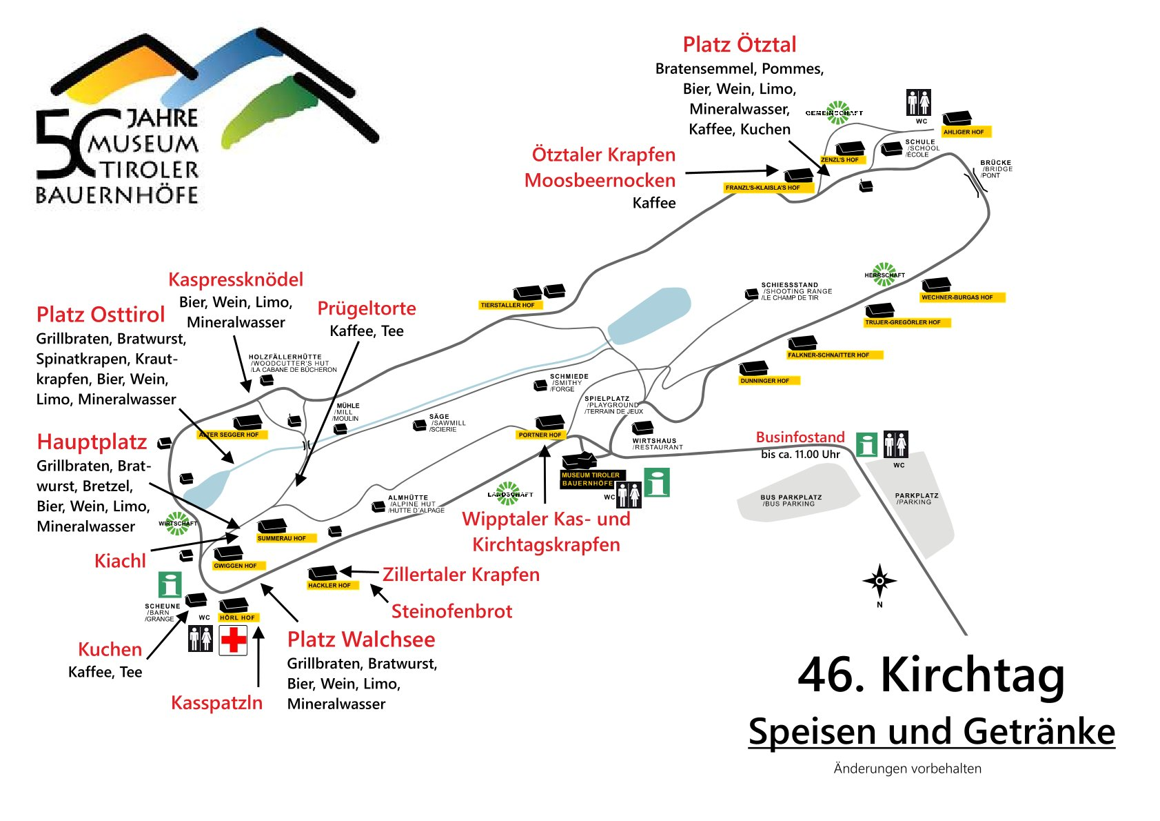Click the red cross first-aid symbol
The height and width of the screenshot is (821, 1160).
233,640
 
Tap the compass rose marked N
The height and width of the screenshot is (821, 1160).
879,582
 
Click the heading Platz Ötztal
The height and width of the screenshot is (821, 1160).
739,45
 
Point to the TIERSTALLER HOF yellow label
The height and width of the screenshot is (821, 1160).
508,305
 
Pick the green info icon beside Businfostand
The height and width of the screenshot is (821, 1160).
866,444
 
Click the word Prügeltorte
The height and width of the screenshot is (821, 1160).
367,308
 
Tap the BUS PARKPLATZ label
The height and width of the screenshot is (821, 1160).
791,500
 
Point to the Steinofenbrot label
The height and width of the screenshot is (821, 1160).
451,611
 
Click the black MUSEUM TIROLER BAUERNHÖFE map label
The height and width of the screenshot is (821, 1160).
591,479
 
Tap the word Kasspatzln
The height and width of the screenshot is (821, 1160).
216,703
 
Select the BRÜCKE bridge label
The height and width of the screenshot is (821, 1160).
995,169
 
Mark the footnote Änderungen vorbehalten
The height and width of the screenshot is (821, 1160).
907,769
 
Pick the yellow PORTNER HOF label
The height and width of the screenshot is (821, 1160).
540,435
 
